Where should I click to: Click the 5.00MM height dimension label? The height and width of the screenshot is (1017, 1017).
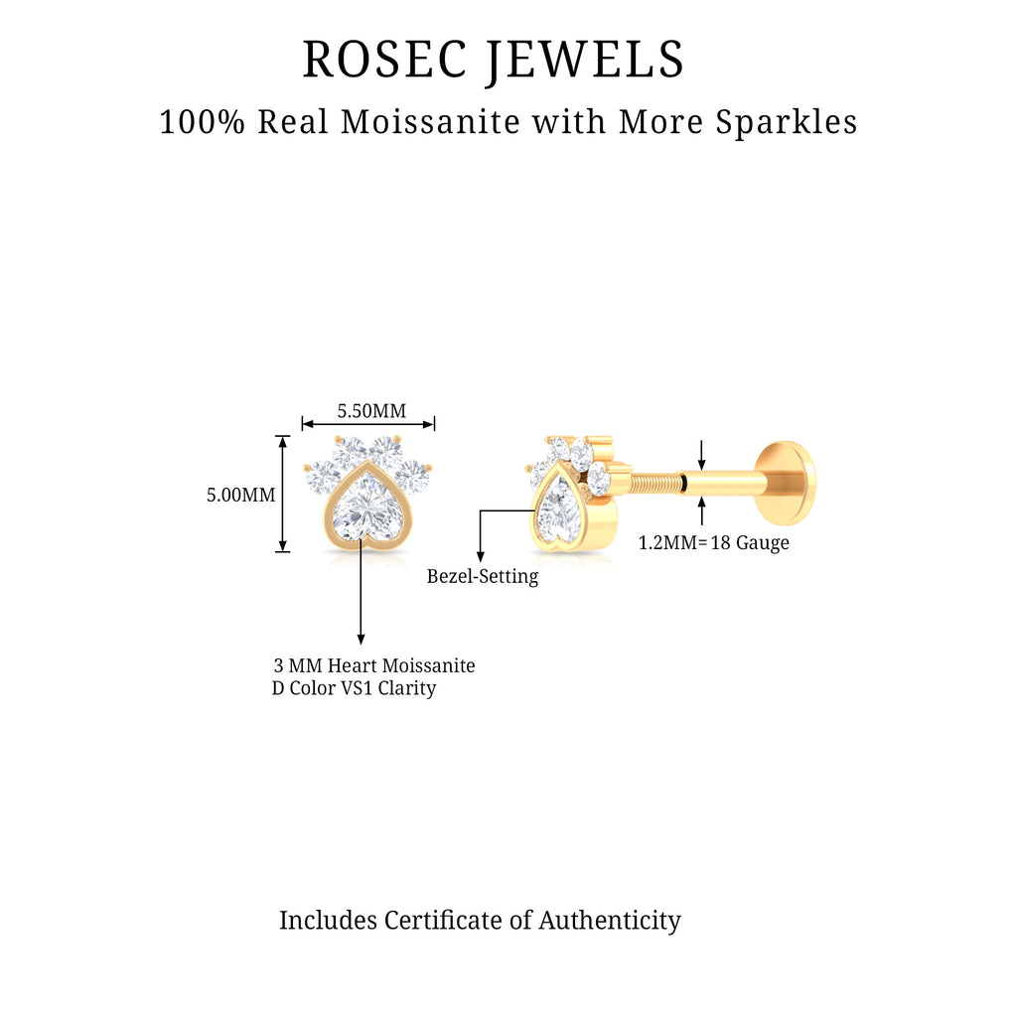click(240, 494)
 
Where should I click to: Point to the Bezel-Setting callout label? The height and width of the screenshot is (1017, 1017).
click(483, 576)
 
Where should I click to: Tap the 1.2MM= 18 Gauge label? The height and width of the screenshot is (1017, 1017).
click(714, 543)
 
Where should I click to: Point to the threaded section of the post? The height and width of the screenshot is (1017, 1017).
click(656, 484)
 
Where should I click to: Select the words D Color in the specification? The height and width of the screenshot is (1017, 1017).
click(305, 688)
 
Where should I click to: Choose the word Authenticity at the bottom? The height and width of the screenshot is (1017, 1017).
click(610, 921)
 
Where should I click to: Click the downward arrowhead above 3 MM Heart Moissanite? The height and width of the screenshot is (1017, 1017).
click(361, 638)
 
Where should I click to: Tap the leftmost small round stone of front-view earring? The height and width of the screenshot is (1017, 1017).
click(321, 478)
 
